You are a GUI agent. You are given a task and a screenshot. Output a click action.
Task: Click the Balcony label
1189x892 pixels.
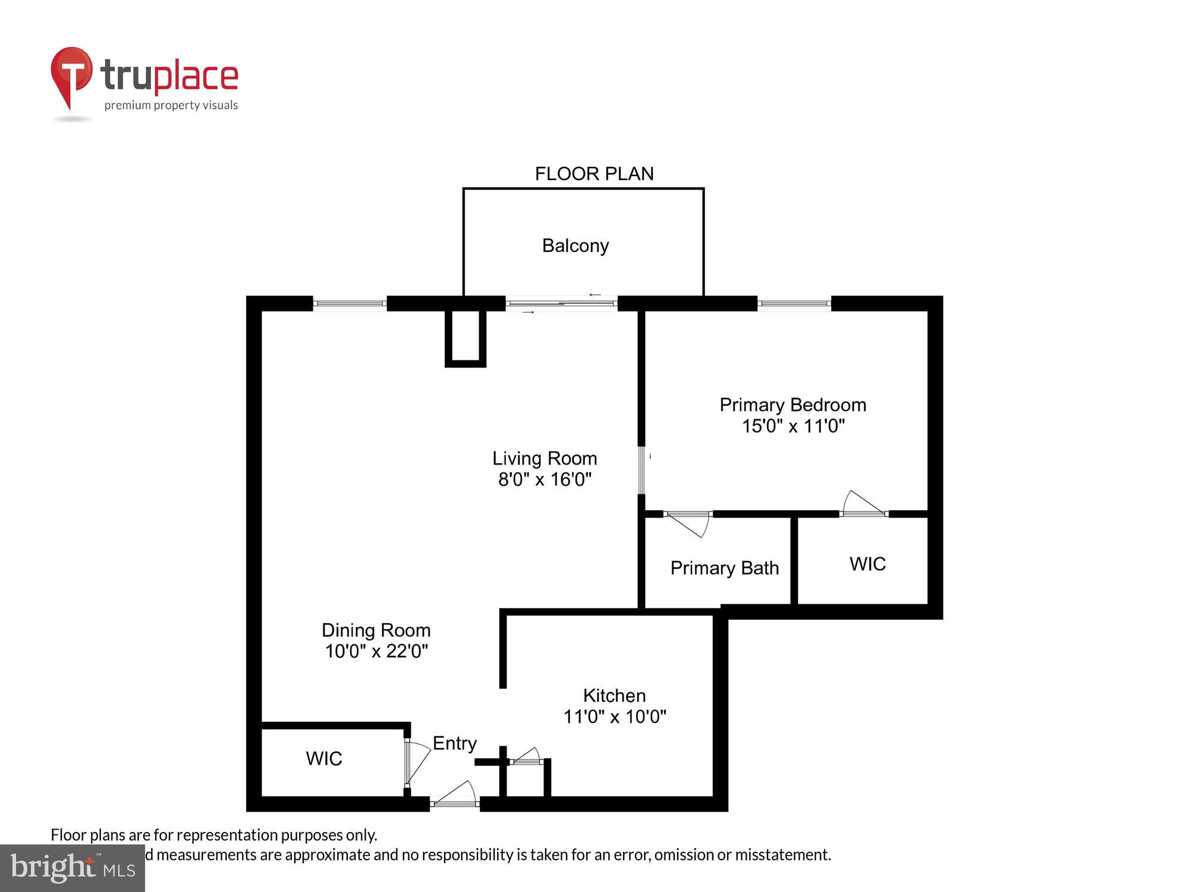pos(575,246)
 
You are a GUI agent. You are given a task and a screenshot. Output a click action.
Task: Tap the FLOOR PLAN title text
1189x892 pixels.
pos(594,174)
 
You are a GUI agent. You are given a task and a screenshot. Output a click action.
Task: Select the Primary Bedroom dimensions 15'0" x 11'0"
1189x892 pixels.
pos(792,426)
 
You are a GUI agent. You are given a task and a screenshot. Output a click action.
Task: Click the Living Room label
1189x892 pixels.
pos(545,458)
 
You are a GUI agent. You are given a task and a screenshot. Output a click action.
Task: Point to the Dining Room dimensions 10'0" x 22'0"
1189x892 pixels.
pos(376,651)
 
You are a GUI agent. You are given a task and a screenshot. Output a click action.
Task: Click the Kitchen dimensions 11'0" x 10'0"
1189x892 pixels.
pos(614,717)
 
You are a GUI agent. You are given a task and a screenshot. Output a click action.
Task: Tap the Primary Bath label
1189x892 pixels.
pos(724,568)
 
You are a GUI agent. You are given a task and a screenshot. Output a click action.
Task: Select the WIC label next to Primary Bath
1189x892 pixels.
pos(867,564)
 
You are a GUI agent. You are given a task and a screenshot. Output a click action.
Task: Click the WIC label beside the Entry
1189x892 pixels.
pos(324,758)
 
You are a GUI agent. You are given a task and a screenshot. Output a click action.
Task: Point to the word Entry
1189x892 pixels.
pos(454,743)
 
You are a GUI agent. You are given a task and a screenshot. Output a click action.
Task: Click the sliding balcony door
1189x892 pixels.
pos(562,303)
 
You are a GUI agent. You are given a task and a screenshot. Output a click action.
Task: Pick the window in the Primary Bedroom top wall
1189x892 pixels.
pos(794,303)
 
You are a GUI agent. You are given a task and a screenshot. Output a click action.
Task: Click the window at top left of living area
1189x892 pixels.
pos(350,303)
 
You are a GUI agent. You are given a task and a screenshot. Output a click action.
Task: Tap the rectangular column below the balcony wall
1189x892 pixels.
pos(465,337)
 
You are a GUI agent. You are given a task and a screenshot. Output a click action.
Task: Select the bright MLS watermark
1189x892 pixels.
pos(72,868)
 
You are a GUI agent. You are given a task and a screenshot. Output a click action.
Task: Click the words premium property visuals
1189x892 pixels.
pos(171,105)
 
